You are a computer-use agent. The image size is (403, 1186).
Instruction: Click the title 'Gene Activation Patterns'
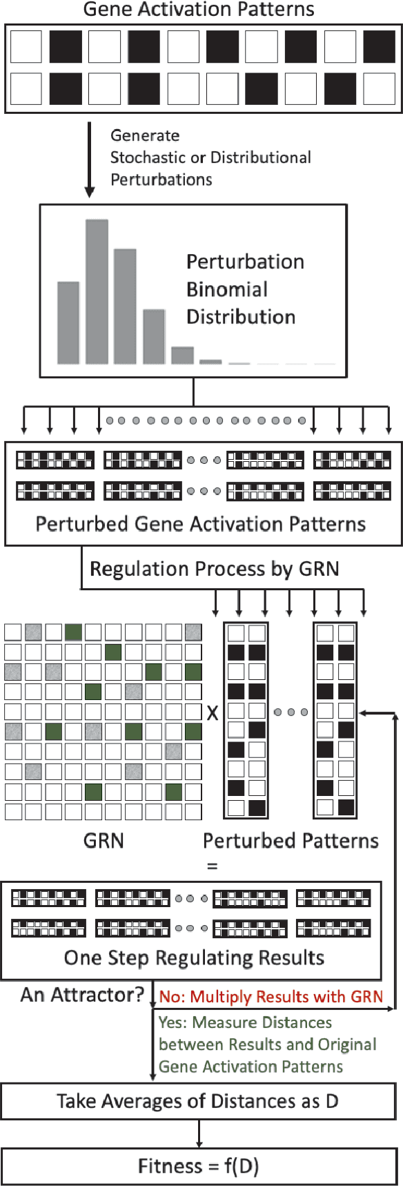(x=199, y=10)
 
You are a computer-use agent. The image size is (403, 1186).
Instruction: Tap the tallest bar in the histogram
(x=97, y=291)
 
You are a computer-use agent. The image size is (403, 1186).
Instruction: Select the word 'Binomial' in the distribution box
(x=227, y=289)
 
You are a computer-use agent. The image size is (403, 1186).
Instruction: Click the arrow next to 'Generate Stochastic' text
(x=89, y=159)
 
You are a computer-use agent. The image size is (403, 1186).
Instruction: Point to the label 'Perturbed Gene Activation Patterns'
(x=200, y=524)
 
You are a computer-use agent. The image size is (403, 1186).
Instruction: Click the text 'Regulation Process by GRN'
(x=215, y=569)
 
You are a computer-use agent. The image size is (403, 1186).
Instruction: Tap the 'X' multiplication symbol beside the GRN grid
(x=213, y=713)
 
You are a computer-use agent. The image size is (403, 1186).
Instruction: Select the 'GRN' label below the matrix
(x=104, y=841)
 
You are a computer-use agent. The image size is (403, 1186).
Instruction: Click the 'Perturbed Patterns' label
(x=291, y=841)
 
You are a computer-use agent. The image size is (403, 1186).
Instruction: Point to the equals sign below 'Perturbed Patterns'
(x=212, y=866)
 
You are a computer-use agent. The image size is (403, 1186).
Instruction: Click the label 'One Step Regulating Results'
(x=194, y=957)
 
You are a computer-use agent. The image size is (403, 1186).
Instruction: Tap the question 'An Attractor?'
(x=82, y=995)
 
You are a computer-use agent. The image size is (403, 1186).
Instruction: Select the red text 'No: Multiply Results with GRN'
(x=271, y=997)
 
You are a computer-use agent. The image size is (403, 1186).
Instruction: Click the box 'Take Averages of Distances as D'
(x=198, y=1100)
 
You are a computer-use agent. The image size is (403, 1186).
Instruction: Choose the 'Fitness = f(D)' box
(x=198, y=1166)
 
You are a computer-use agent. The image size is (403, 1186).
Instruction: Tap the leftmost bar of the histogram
(x=68, y=322)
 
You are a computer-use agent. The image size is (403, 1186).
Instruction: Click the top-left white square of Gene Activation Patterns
(x=26, y=47)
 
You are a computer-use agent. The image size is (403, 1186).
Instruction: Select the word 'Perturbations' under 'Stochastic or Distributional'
(x=161, y=179)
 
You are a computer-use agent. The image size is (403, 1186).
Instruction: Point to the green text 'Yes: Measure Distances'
(x=245, y=1022)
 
